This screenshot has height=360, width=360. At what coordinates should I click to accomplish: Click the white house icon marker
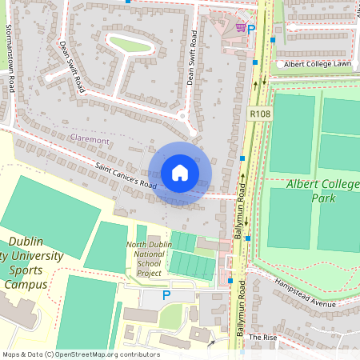point(180,173)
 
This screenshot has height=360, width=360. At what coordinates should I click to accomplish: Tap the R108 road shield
point(259,114)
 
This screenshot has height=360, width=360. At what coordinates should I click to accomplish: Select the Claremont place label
point(90,140)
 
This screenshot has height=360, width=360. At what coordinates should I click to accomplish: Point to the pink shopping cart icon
point(239,28)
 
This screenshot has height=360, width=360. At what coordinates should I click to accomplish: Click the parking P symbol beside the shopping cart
point(251,30)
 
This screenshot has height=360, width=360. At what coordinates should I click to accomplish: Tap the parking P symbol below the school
point(166,295)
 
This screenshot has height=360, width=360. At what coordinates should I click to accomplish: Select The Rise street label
point(262,338)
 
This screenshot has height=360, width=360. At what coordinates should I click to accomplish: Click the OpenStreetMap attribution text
point(80,354)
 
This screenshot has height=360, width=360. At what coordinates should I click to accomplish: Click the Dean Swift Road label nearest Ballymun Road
point(192,58)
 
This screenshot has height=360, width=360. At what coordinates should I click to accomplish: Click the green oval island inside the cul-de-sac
point(131,43)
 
